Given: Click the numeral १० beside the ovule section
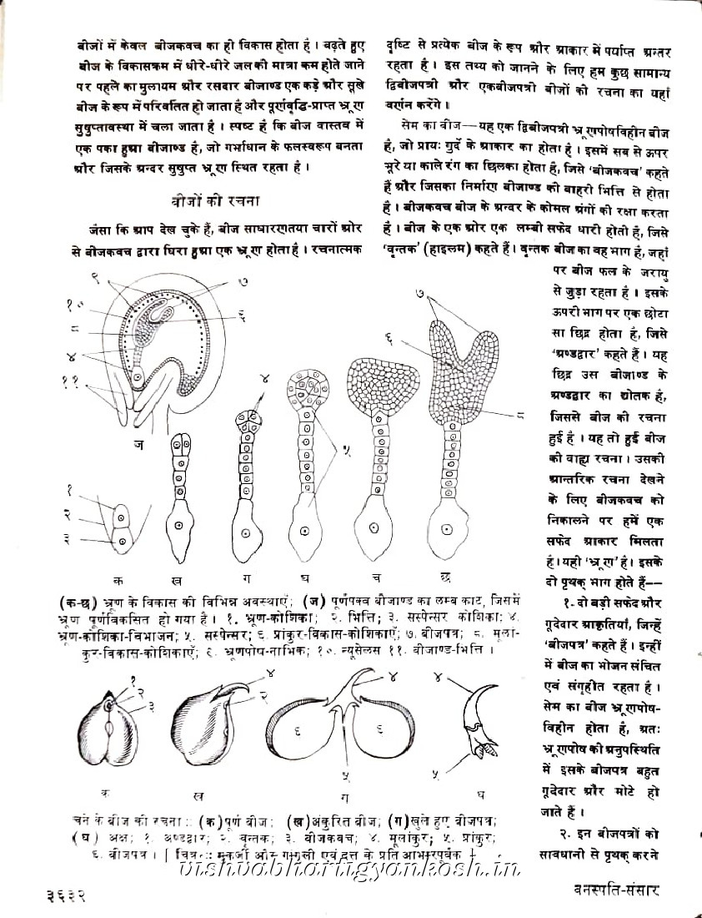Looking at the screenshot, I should pos(76,306).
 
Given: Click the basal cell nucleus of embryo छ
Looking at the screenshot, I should pos(448,528).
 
